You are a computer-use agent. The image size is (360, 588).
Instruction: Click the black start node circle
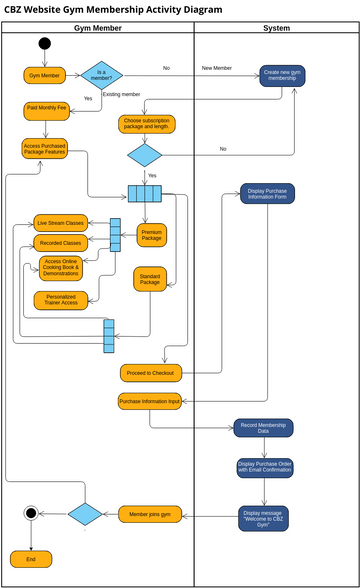click(x=44, y=43)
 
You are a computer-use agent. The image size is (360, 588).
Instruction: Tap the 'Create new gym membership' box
click(x=283, y=76)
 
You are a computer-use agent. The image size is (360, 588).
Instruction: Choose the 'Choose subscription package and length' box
click(x=147, y=125)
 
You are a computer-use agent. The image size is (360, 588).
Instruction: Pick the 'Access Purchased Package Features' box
click(x=44, y=149)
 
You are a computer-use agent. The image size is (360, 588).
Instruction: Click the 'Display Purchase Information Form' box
click(x=267, y=193)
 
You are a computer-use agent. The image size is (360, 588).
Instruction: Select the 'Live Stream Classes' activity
click(x=59, y=222)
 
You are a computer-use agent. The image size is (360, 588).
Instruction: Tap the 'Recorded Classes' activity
click(x=59, y=243)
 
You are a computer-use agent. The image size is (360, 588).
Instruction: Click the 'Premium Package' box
click(x=152, y=236)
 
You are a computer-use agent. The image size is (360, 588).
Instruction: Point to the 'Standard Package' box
click(x=150, y=279)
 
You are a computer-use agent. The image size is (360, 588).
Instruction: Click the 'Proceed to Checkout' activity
click(x=150, y=373)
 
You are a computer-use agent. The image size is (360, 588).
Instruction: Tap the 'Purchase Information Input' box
click(x=149, y=402)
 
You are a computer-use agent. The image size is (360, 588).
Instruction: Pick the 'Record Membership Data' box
click(x=264, y=428)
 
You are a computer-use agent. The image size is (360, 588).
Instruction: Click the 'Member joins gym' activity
click(x=152, y=514)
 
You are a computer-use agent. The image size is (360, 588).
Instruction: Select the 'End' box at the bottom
click(x=30, y=559)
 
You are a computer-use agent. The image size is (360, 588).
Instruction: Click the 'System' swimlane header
click(x=276, y=28)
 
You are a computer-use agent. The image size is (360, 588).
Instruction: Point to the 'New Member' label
click(x=216, y=68)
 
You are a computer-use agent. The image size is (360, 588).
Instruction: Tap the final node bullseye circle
click(x=30, y=513)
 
